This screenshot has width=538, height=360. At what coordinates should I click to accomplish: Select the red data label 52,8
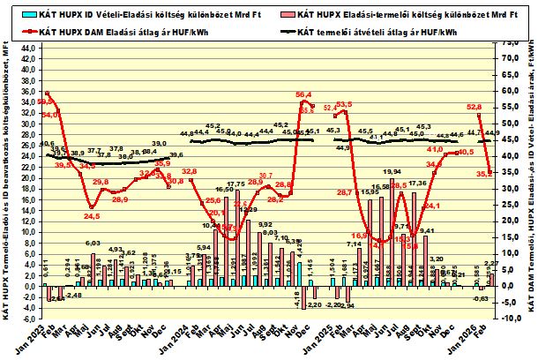click(473, 105)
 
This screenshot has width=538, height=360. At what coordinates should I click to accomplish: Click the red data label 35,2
click(483, 174)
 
